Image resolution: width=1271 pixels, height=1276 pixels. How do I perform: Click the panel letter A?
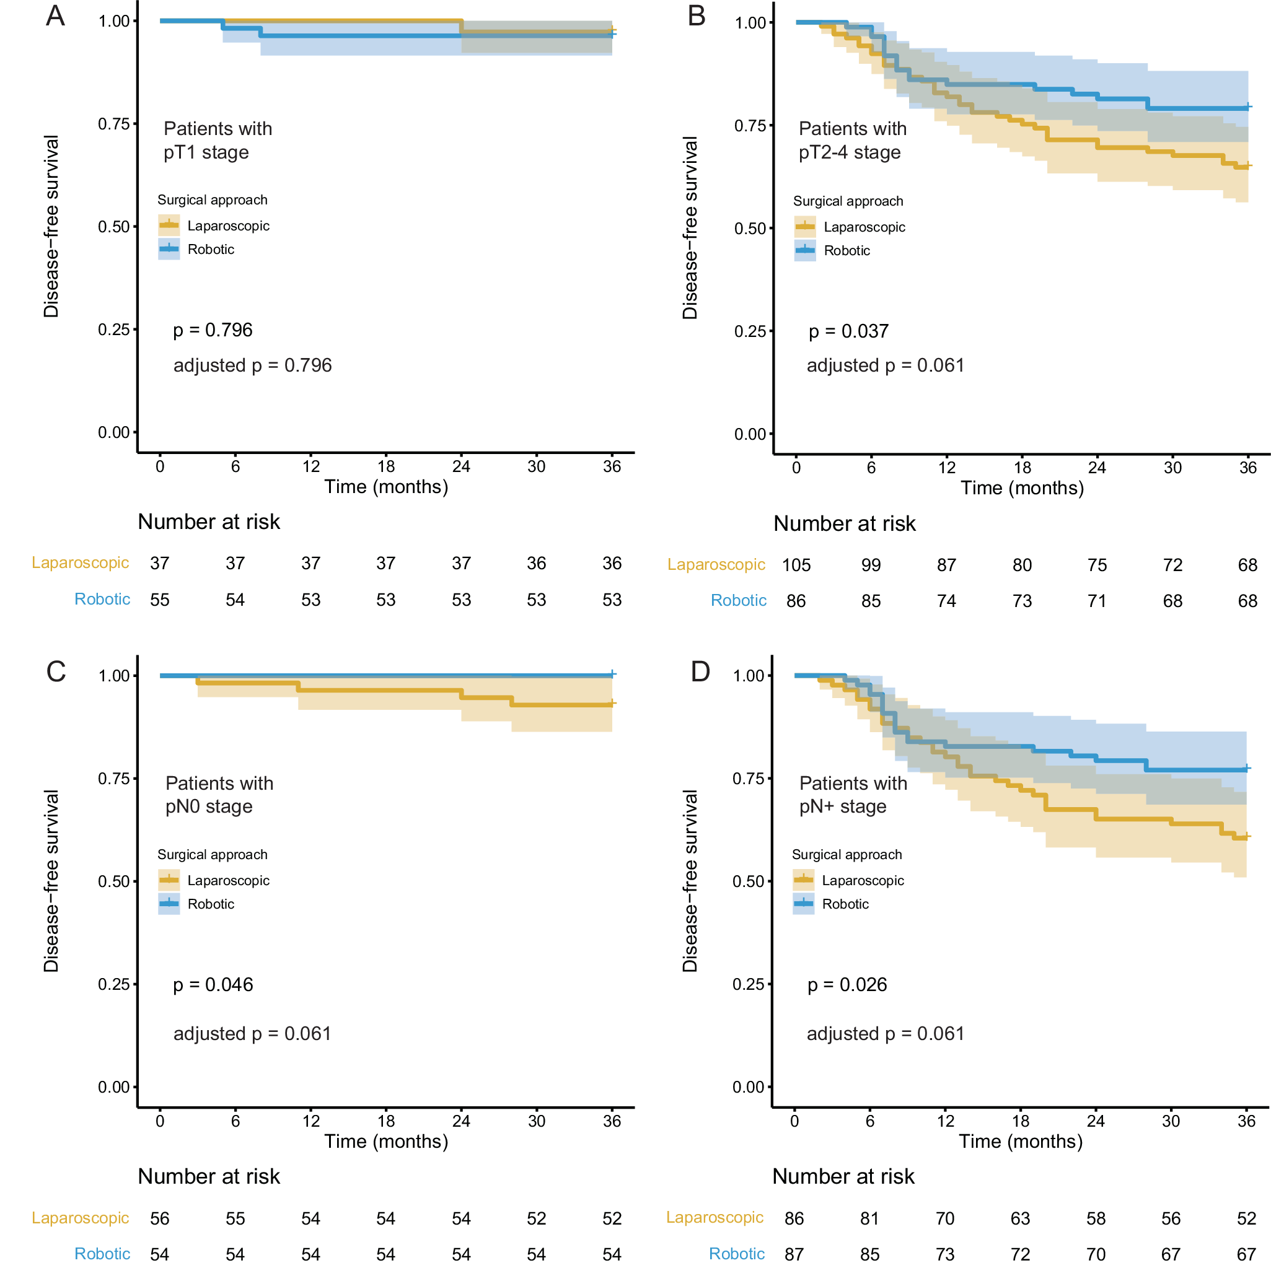(x=56, y=16)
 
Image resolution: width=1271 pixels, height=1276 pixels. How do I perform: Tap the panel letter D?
(x=700, y=671)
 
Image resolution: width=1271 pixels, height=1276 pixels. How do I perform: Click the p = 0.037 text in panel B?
(x=848, y=331)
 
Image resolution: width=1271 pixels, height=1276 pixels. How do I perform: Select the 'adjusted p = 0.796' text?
(x=252, y=365)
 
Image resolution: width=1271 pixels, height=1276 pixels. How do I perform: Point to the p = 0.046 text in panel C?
(x=213, y=985)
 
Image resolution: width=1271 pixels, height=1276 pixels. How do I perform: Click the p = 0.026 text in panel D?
(x=847, y=985)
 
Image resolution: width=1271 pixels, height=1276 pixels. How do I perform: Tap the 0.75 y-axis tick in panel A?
(x=113, y=124)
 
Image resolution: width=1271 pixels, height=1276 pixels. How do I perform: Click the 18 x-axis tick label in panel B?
(x=1021, y=468)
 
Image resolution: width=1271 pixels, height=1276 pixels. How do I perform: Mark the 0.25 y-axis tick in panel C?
(x=113, y=984)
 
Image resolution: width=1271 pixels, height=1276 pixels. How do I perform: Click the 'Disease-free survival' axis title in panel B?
(x=690, y=228)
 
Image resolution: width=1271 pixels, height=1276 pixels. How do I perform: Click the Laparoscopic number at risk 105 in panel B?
(x=796, y=566)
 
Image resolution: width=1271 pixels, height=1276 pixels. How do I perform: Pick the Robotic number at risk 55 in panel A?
(x=160, y=600)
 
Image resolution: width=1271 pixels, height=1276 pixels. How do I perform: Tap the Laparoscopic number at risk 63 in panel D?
(x=1020, y=1218)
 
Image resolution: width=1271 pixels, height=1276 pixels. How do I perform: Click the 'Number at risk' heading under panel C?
(x=209, y=1176)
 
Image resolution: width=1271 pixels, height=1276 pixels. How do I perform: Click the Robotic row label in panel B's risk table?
(x=738, y=600)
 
